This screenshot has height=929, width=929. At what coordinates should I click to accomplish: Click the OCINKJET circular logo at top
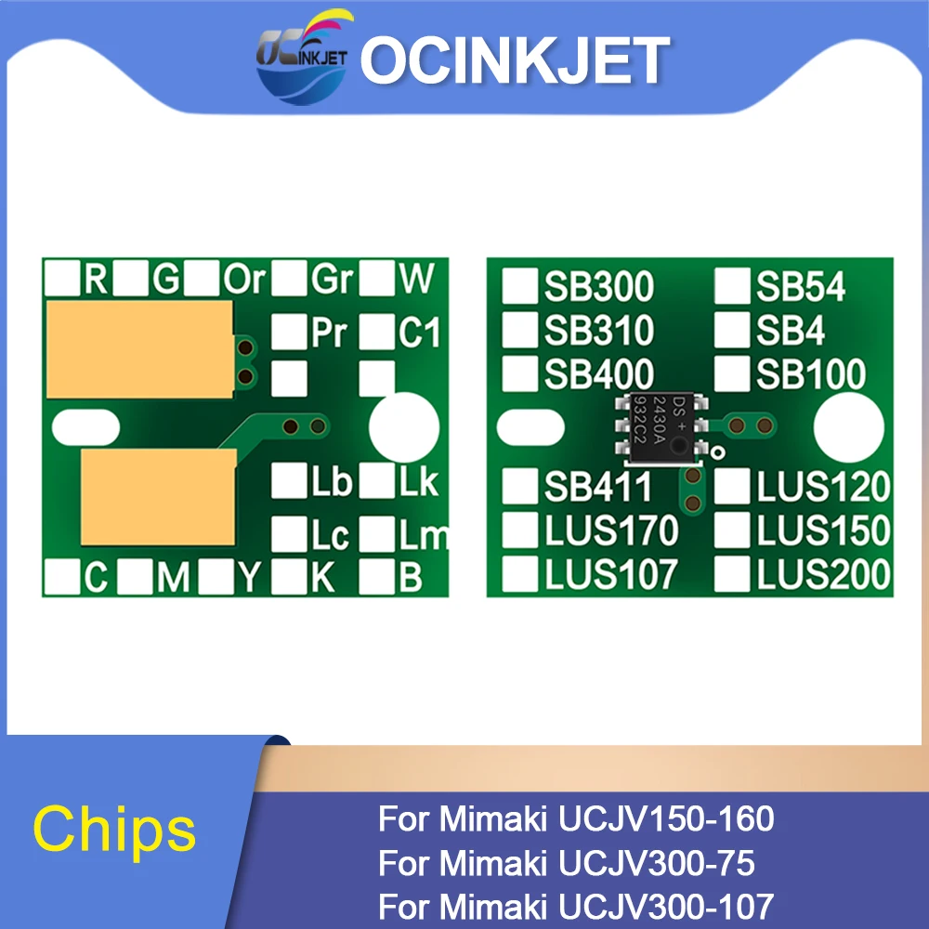point(302,60)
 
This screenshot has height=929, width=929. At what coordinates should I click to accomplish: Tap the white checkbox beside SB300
point(519,287)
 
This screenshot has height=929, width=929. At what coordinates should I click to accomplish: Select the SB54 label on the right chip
point(801,287)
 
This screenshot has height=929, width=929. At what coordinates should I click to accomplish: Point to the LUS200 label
point(823,575)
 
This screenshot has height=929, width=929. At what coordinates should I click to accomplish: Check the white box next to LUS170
point(519,530)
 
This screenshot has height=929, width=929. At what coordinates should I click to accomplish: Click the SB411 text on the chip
point(598,486)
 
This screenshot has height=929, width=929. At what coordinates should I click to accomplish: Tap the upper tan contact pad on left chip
point(138,348)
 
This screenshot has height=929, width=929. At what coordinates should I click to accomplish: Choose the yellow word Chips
point(115,829)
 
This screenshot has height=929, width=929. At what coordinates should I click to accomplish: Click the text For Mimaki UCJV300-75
point(567,864)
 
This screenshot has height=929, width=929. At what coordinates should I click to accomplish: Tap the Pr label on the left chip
point(328,333)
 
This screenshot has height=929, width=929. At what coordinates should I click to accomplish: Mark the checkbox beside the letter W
point(376,278)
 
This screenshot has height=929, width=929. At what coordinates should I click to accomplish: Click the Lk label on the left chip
point(418,482)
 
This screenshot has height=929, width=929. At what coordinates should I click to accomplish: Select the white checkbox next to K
point(288,577)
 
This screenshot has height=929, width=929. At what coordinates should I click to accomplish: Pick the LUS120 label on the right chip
point(823,486)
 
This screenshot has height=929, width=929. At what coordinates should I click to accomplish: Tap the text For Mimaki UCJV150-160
point(576,819)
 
